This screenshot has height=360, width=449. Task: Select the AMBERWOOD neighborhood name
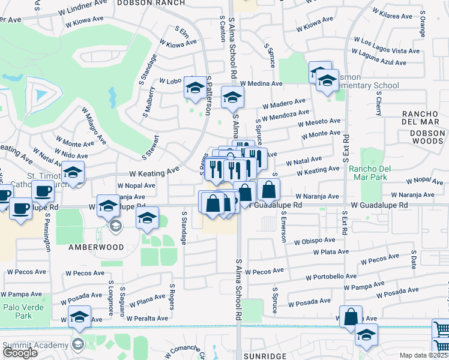(95, 247)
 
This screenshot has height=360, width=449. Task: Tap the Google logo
(20, 353)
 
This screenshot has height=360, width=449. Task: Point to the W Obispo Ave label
(315, 241)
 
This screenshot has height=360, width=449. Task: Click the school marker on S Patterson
(194, 88)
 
